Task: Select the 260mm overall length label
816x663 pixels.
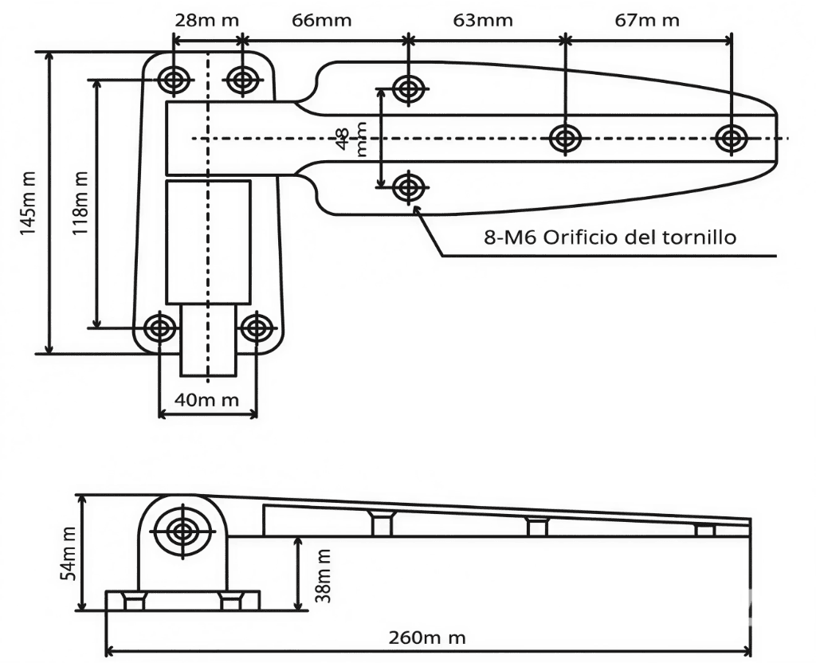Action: pyautogui.click(x=427, y=637)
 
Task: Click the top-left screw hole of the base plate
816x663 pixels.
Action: pyautogui.click(x=173, y=79)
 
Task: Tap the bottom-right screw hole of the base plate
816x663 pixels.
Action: pyautogui.click(x=257, y=328)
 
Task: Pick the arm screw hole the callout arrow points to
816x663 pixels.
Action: pyautogui.click(x=408, y=188)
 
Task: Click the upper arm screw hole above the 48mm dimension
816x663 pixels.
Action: pyautogui.click(x=408, y=88)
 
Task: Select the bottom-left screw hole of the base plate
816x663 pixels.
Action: pyautogui.click(x=161, y=328)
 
